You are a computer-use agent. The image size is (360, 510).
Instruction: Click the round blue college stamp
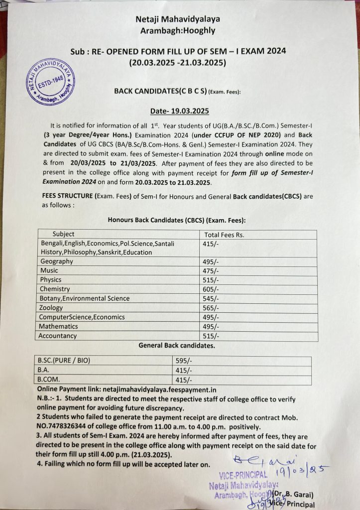(51, 81)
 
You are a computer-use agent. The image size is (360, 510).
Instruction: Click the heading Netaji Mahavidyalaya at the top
(178, 19)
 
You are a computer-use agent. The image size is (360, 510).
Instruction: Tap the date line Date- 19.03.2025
(180, 111)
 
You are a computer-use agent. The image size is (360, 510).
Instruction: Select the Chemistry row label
(55, 289)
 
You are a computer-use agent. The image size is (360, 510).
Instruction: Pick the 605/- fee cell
(211, 289)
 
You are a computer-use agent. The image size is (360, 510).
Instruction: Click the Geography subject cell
(57, 261)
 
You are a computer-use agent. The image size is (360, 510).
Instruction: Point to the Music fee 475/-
(211, 271)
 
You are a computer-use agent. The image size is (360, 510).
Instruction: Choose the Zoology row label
(52, 308)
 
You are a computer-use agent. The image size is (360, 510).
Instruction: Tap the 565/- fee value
(211, 308)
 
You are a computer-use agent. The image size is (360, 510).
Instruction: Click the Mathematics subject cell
(59, 327)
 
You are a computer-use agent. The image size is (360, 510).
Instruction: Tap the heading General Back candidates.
(177, 345)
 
